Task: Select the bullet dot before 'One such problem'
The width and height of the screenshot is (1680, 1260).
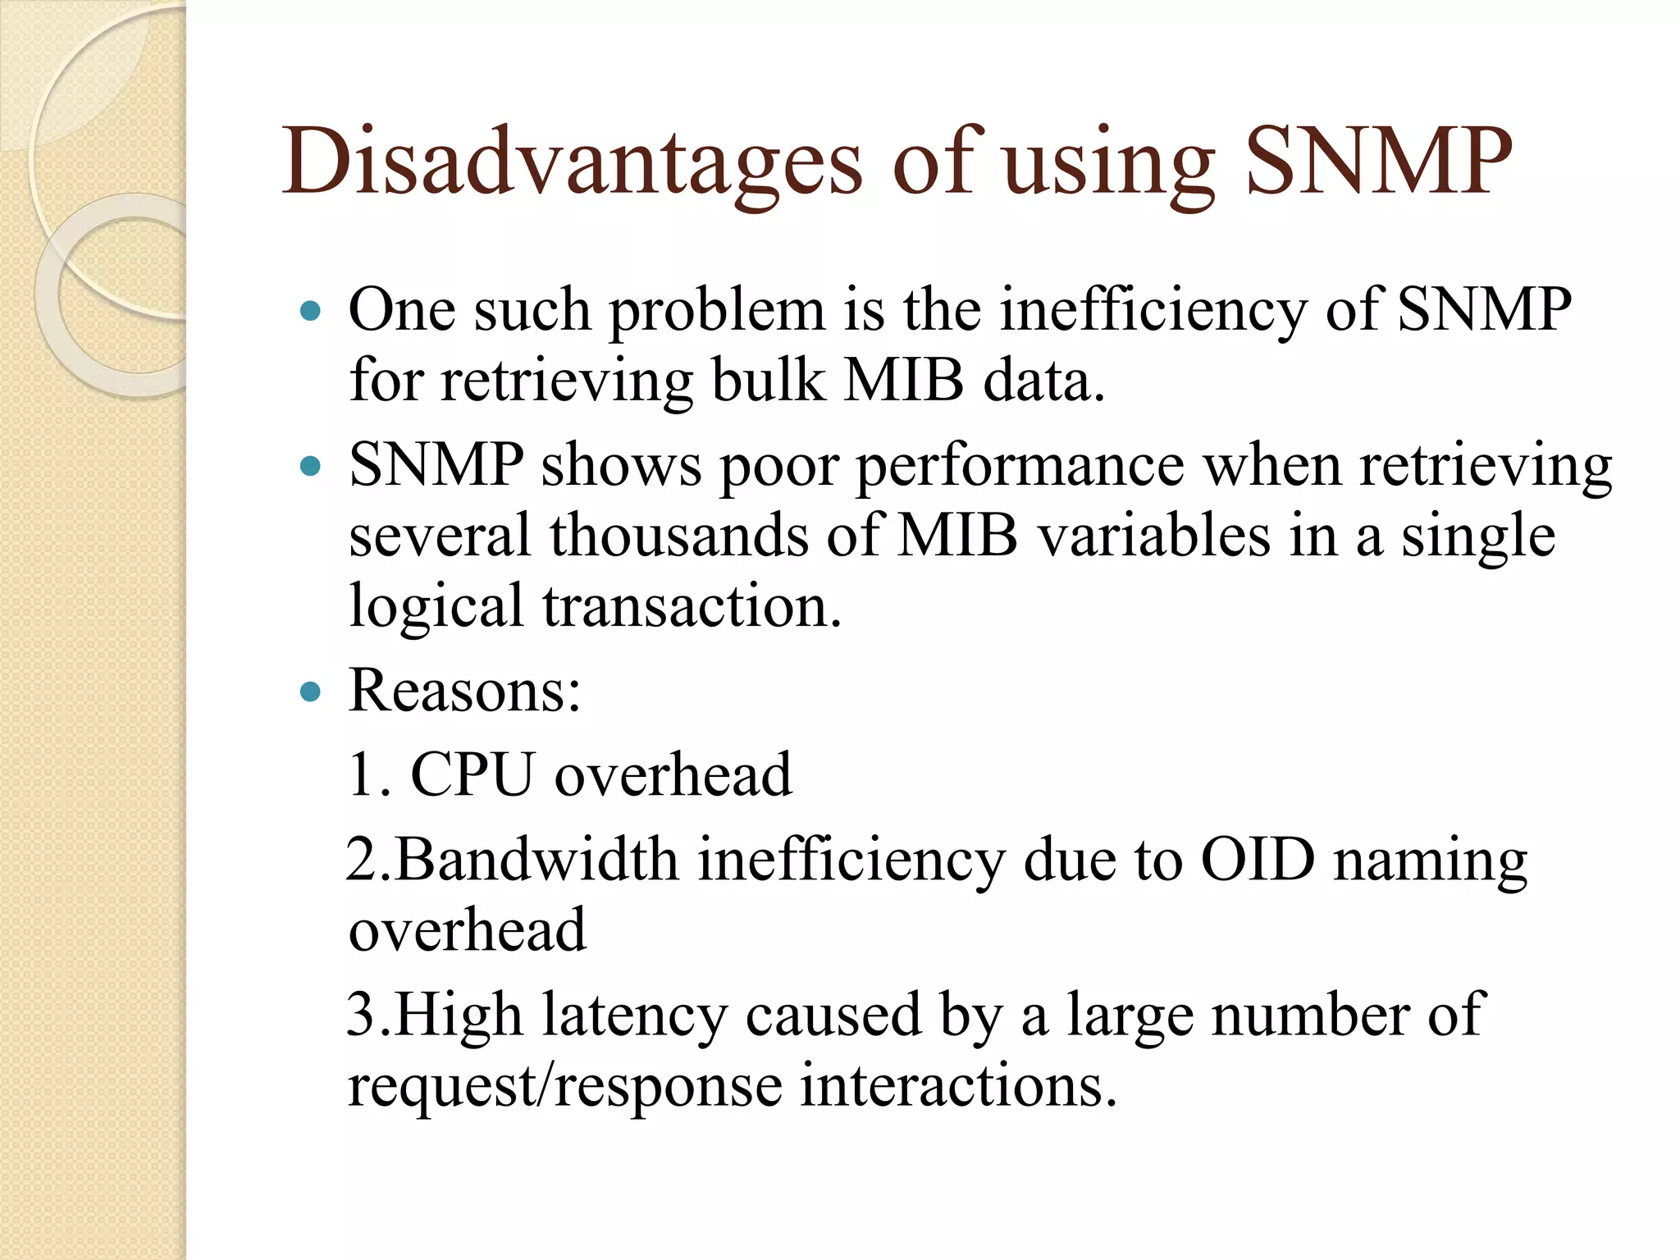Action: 310,312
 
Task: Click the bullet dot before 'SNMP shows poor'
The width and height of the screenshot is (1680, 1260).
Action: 310,467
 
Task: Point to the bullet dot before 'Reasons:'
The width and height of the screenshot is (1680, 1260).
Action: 310,692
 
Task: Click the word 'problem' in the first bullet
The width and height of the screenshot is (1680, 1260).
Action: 716,312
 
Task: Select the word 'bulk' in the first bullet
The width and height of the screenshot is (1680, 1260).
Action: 768,381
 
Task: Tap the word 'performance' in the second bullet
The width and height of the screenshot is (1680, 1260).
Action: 1020,467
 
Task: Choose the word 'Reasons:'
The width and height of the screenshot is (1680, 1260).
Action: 464,691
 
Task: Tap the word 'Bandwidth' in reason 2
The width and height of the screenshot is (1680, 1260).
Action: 537,861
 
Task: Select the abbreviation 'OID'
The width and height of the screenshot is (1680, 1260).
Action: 1258,861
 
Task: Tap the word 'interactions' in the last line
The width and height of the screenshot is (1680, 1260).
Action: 957,1085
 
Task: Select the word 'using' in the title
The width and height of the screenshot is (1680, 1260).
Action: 1108,164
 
